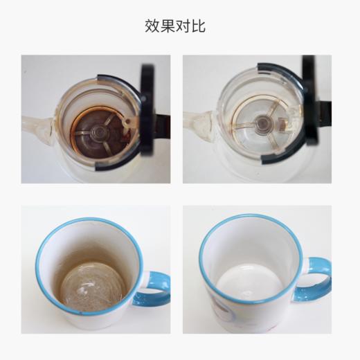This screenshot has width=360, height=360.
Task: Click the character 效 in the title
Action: tap(152, 26)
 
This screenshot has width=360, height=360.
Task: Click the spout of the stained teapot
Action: tap(37, 127)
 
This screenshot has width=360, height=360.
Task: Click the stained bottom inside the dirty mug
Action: tap(91, 291)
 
